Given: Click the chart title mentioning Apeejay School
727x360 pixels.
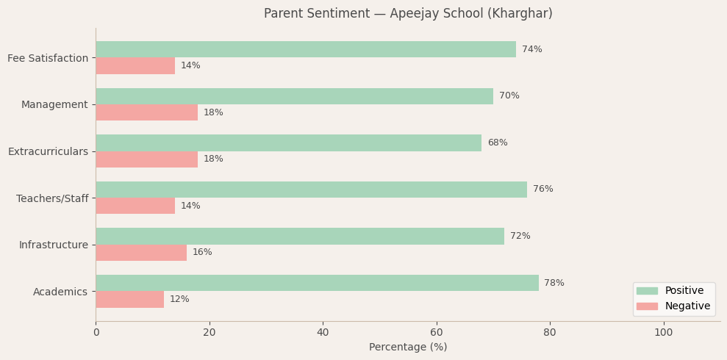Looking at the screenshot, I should coord(408,14).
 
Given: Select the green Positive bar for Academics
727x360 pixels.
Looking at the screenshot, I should coord(317,283).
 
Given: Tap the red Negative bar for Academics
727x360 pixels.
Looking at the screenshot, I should coord(129,299).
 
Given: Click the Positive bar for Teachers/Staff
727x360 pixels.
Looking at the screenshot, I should coord(311,190).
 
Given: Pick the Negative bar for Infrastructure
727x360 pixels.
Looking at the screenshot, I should coord(141,253).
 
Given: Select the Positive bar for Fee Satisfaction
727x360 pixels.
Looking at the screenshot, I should coord(306,49).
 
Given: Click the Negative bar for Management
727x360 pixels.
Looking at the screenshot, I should coord(146,112).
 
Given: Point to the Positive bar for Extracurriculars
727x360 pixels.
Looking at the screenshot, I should coord(288,143).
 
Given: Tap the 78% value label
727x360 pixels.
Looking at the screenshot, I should coord(554,283).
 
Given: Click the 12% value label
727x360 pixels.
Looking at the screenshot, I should coord(179,299).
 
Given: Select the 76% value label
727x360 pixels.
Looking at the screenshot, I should coord(542,190).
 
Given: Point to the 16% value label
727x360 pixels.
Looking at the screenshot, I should coord(202,253).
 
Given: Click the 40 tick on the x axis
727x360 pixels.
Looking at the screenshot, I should coord(323,333).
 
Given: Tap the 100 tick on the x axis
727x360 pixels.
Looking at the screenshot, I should coord(663,333).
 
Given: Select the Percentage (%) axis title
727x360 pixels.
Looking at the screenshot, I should coord(408,348).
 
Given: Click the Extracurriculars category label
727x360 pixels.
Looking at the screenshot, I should coord(48,151).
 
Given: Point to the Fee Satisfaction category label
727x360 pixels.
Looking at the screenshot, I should coord(48,58).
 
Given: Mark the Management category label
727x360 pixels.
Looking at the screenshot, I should coord(54,104).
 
